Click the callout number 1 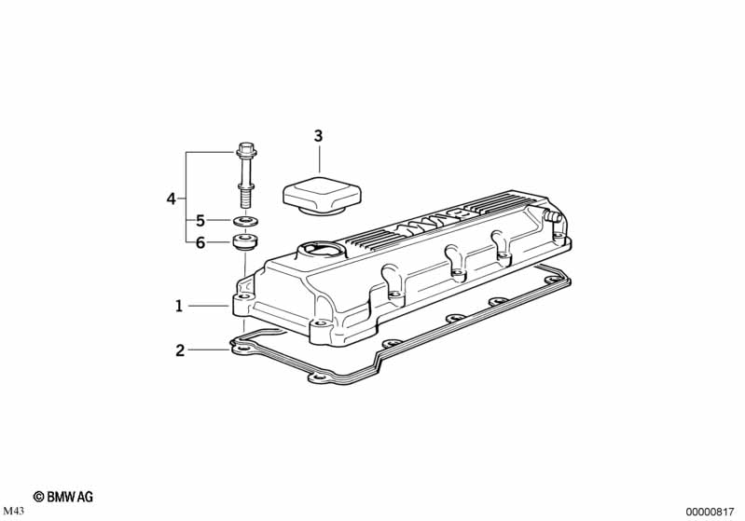click(179, 307)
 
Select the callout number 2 click(180, 350)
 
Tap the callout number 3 click(318, 136)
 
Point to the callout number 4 click(171, 199)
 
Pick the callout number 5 click(200, 221)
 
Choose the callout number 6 click(200, 242)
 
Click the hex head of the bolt click(245, 150)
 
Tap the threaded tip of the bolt click(244, 199)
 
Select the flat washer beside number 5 click(245, 221)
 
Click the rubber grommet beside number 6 click(245, 240)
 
